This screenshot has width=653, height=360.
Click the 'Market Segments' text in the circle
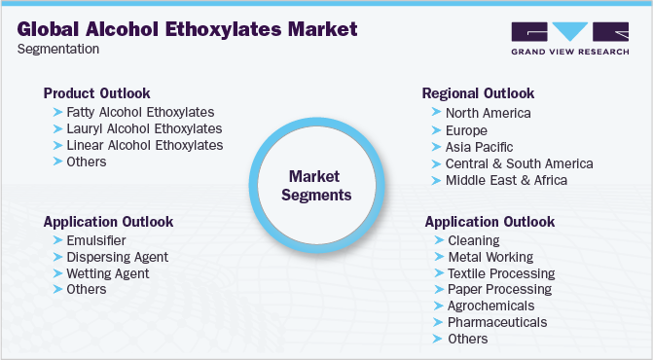coord(316,185)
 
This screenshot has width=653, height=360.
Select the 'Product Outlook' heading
coord(96,93)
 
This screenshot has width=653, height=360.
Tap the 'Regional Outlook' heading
coord(478,93)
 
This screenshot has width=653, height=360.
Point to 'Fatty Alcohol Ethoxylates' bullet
coord(140,112)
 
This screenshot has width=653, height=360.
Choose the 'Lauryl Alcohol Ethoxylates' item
coord(144,128)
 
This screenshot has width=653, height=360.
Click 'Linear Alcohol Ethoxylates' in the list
coord(145,145)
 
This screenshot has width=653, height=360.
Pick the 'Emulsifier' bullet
coord(96,240)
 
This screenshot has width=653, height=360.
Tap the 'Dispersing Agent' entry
coord(118,257)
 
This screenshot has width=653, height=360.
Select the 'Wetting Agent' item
coord(108,273)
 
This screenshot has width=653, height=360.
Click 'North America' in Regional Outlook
coord(488,113)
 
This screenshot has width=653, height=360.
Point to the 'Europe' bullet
coord(467,130)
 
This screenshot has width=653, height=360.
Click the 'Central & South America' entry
coord(519,163)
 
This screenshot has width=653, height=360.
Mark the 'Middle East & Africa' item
coord(506,180)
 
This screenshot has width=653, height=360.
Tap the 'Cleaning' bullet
coord(473,240)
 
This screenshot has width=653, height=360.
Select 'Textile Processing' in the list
coord(500,273)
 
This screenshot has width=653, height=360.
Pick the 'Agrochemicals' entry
coord(490,306)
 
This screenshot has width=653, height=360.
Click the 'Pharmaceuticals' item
coord(496,322)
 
